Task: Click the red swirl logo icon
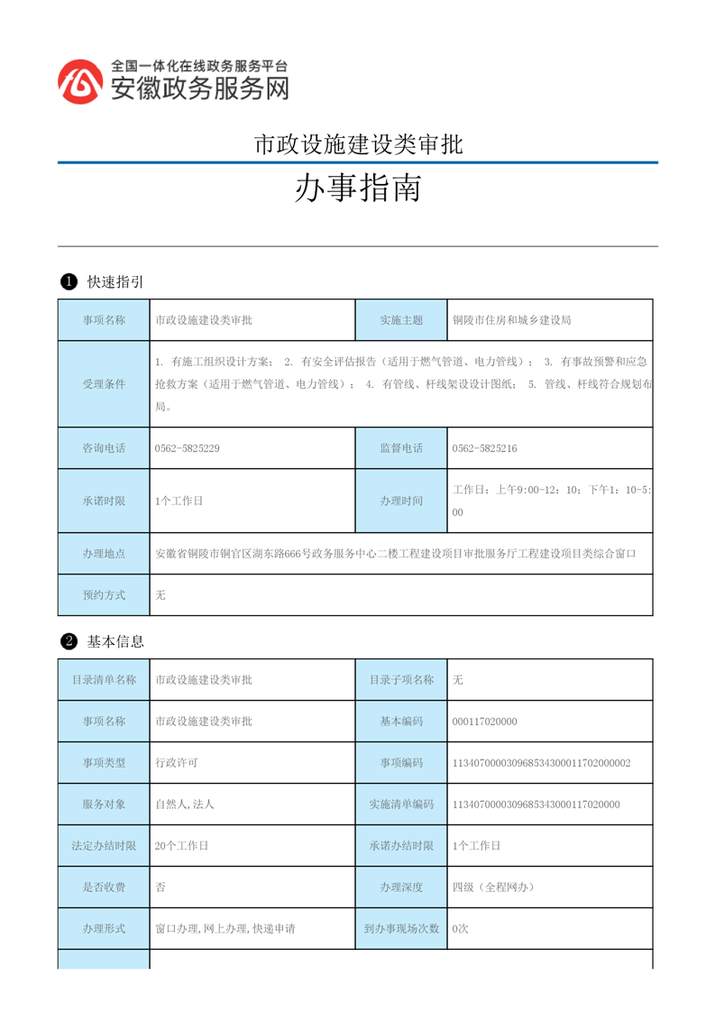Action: point(80,81)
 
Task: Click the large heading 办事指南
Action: point(358,189)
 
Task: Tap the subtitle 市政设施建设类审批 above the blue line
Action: point(358,144)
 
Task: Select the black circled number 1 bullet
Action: point(68,282)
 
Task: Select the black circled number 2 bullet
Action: point(68,642)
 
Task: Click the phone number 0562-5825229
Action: point(188,448)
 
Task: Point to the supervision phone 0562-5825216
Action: point(485,448)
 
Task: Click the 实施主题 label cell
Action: point(401,320)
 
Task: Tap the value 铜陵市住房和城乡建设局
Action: point(511,320)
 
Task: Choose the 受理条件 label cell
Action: point(104,384)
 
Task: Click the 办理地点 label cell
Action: point(104,554)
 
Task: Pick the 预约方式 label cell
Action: point(104,595)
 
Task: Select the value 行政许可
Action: point(177,763)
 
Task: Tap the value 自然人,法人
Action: point(185,805)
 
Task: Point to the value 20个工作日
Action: point(182,846)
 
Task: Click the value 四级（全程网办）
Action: point(494,888)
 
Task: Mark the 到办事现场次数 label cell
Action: point(401,928)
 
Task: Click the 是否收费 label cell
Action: point(104,888)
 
